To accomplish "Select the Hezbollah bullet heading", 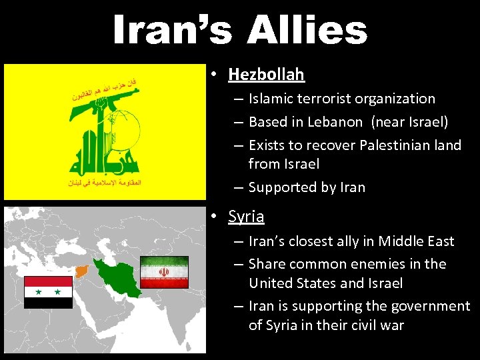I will point(266,74).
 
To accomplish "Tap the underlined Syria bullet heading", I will point(246,217).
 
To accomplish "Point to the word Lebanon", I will point(336,122).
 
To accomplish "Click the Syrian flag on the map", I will point(48,292).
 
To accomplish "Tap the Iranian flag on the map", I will point(164,272).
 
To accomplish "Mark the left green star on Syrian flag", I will point(38,292).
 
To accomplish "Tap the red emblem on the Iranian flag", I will point(164,272).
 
